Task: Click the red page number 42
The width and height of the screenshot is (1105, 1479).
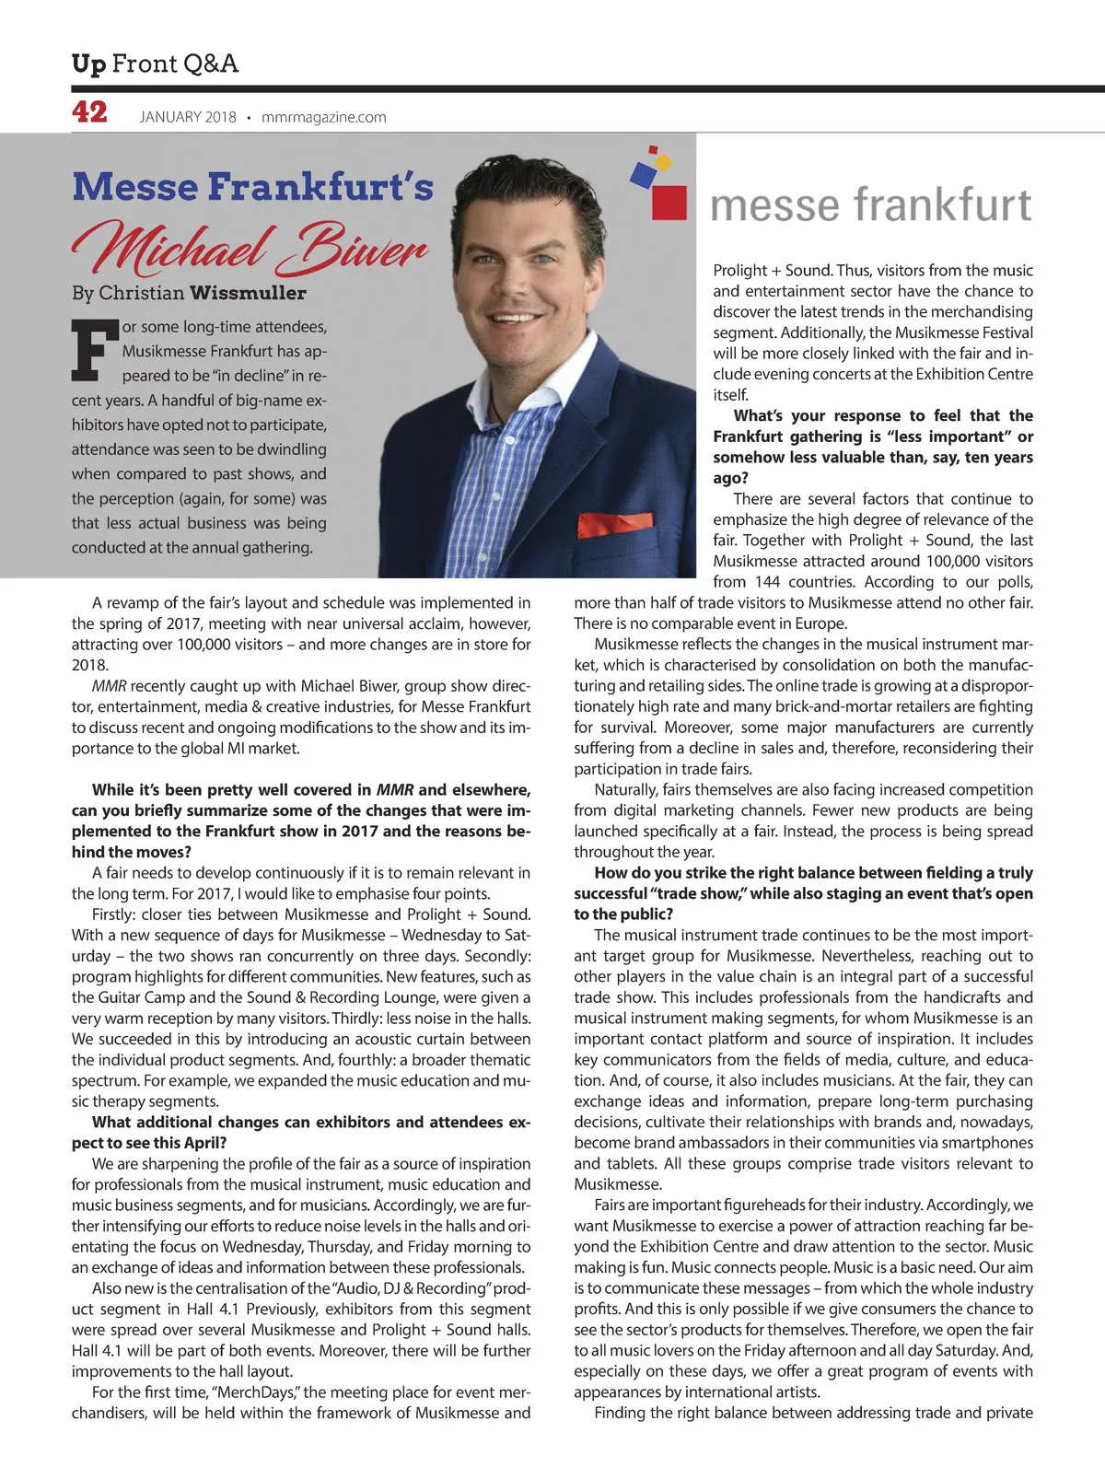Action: pyautogui.click(x=89, y=112)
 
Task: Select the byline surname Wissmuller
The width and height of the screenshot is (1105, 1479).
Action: pyautogui.click(x=249, y=293)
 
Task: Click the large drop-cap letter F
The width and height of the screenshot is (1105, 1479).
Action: pyautogui.click(x=95, y=350)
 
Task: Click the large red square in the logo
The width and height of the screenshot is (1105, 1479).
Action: pyautogui.click(x=669, y=202)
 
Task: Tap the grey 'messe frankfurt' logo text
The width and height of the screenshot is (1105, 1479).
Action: pyautogui.click(x=870, y=204)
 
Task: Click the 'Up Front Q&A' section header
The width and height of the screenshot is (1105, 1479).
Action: pyautogui.click(x=155, y=64)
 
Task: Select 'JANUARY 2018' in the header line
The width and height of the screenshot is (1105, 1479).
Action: pyautogui.click(x=188, y=117)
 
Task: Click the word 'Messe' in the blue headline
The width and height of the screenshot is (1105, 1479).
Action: pyautogui.click(x=134, y=186)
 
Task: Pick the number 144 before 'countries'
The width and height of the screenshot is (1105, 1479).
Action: pyautogui.click(x=767, y=582)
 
